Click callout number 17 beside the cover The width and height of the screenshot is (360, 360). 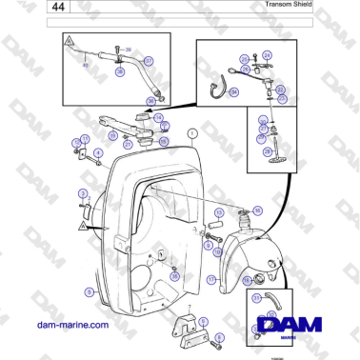(211, 280)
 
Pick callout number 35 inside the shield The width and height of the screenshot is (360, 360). (175, 274)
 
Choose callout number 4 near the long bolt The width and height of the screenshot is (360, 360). (98, 151)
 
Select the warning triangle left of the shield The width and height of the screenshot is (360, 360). (83, 229)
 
